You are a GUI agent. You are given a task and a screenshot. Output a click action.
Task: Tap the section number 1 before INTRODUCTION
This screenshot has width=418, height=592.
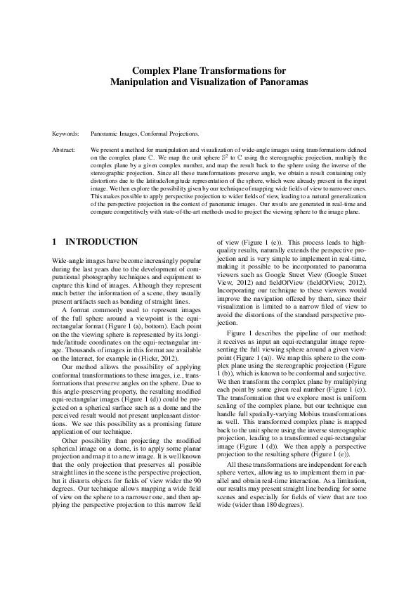(55, 241)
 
